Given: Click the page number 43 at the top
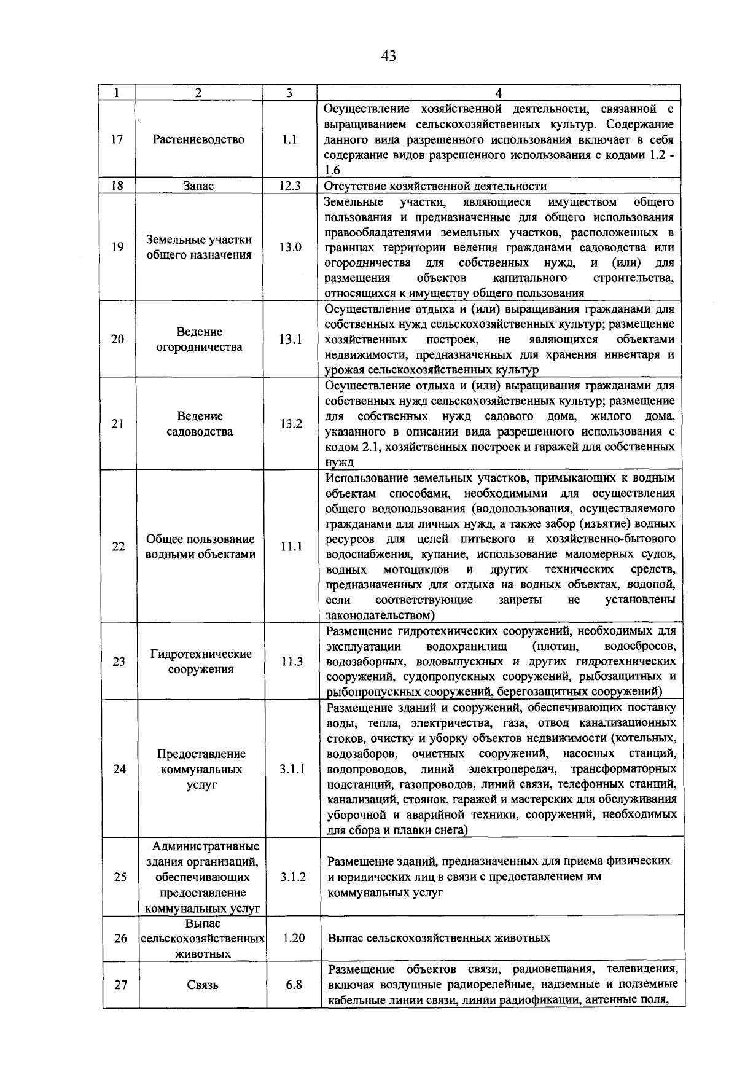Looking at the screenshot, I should coord(388,57).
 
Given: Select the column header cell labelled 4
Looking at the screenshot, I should coord(498,93).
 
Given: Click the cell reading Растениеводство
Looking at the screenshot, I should coord(198,139).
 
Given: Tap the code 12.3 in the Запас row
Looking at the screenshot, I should coord(289,186).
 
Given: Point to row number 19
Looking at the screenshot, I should coord(117,247).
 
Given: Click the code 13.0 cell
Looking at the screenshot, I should coord(290,247).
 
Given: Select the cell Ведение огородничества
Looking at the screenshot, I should coord(199,339).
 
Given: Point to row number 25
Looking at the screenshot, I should coord(120,877).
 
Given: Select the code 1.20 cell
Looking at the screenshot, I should coord(294,938).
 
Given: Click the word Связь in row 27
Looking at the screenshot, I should coord(203,985).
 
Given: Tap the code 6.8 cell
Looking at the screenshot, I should coord(294,985).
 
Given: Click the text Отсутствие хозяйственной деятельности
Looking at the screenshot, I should coord(435,186).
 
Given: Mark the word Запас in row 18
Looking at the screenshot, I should coord(198,186).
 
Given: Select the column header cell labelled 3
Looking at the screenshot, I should coord(289,93).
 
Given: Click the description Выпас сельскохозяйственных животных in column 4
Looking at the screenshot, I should coord(439,938).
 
